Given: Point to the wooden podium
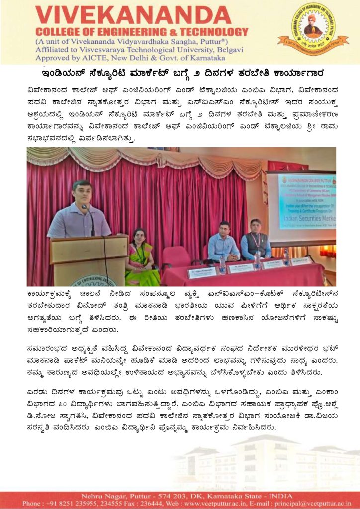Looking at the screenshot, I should [x=89, y=259].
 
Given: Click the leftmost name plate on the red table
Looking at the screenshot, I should [x=202, y=272].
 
